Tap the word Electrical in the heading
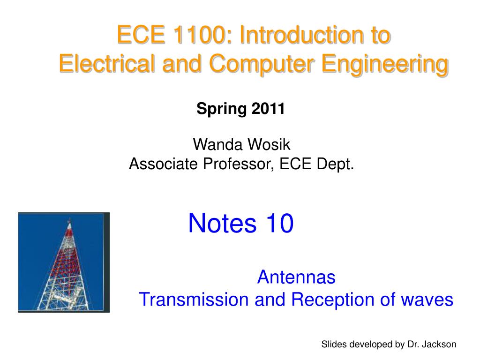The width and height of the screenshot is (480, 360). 107,63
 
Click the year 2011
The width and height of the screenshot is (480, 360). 268,108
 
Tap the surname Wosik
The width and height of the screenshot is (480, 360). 269,144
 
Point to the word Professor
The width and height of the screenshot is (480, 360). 239,165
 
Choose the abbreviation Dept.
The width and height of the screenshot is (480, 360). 335,165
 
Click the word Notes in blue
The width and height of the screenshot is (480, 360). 222,223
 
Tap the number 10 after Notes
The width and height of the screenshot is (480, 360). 279,223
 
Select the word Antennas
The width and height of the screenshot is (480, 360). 296,277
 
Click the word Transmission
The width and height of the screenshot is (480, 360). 194,300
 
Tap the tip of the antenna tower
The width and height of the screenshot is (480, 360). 69,219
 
